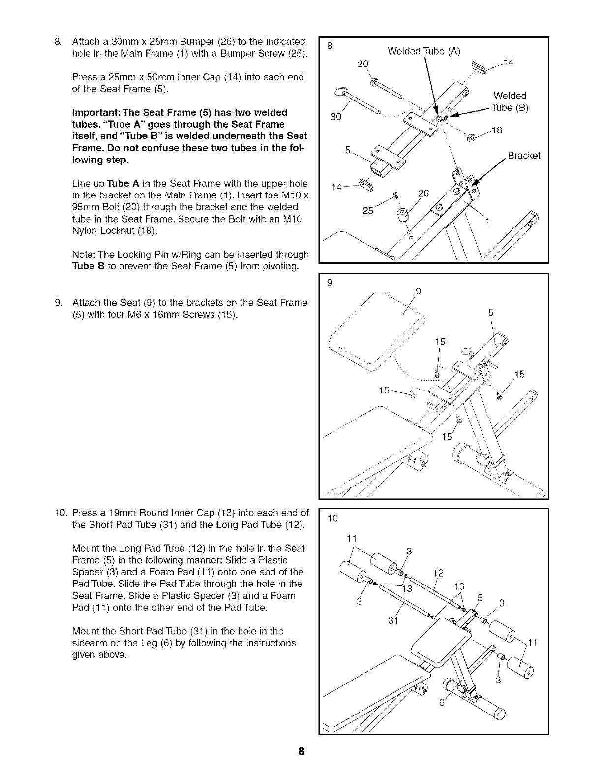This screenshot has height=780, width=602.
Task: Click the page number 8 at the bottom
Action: (x=301, y=752)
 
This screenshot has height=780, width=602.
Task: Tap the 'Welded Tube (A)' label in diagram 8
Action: (x=423, y=51)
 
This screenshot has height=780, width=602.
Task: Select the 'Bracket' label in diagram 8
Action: (x=524, y=156)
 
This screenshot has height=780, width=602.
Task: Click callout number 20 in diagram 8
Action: (x=363, y=64)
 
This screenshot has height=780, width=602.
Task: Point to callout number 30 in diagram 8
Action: (x=335, y=117)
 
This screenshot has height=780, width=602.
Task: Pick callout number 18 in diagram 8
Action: (x=497, y=130)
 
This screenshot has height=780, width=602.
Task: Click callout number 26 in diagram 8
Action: (x=423, y=194)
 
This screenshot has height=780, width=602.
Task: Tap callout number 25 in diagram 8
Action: (x=368, y=211)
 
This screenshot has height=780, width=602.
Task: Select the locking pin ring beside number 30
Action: (x=341, y=91)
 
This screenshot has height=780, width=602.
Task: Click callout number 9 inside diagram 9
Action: (x=418, y=291)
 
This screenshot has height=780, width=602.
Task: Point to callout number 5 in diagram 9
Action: (x=491, y=312)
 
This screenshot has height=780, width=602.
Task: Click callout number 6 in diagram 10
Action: (x=441, y=703)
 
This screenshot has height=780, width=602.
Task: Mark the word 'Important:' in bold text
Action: (x=94, y=113)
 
